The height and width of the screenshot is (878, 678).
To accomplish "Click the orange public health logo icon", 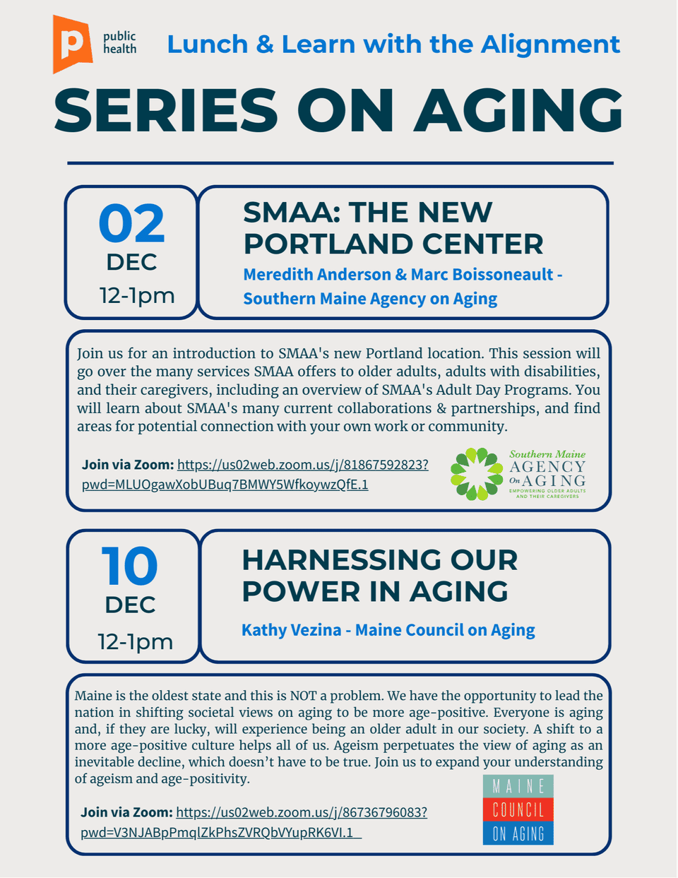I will point(72,44).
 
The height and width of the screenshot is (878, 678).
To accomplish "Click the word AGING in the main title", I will point(519,111).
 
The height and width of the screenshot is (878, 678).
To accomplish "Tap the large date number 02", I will point(132,224).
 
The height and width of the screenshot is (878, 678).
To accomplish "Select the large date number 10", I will point(130,566).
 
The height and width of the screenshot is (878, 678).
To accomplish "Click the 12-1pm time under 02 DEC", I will point(137,295).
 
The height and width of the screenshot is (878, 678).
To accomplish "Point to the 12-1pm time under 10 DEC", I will point(135,641).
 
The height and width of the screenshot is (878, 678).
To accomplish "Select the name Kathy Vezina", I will point(291,630).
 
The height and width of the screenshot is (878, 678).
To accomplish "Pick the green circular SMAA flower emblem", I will point(477,474).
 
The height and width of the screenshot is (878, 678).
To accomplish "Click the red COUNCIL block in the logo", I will point(518,809).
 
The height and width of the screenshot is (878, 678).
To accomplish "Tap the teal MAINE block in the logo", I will point(518,786).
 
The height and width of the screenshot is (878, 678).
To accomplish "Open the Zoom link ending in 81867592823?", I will point(302,465).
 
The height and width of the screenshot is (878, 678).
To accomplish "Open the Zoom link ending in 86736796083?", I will point(301,812).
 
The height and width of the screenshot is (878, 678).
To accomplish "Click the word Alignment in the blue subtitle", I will point(550,45).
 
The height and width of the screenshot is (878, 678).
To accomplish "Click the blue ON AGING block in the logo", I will point(518,833).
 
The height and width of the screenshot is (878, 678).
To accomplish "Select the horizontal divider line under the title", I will point(340,163).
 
